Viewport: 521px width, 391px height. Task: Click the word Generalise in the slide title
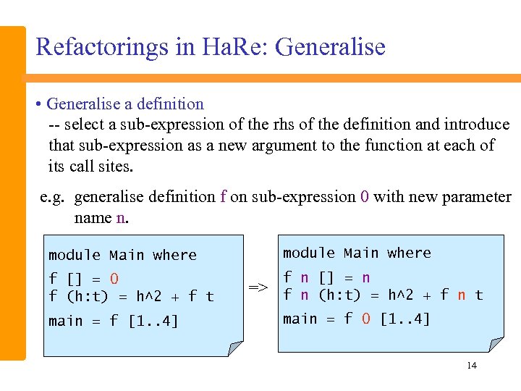coord(331,47)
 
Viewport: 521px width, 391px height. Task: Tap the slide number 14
coord(472,366)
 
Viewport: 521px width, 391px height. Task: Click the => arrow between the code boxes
coord(258,287)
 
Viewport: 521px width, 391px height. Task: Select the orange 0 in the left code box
coord(114,279)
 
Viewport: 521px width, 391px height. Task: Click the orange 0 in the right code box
coord(366,319)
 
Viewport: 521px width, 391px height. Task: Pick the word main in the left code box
coord(65,321)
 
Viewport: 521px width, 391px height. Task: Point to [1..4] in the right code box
coord(404,319)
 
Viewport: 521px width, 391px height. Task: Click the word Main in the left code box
coord(127,255)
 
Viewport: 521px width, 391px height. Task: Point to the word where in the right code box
coord(409,253)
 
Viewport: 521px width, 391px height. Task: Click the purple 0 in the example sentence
coord(364,197)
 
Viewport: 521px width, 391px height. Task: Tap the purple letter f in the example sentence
coord(224,197)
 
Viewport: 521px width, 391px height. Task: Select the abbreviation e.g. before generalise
coord(54,197)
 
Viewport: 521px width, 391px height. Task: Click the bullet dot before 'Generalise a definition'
coord(39,104)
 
